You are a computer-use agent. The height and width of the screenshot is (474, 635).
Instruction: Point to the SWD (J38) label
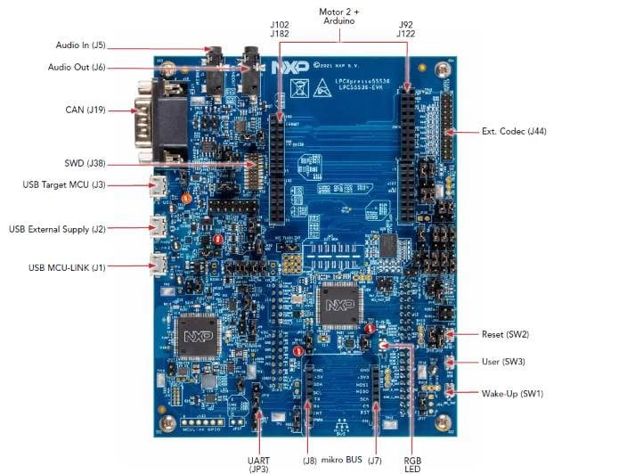coord(85,163)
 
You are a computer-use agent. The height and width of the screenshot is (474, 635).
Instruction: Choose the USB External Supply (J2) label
coord(57,229)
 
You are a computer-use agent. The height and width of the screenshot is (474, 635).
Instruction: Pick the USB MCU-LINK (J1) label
coord(67,266)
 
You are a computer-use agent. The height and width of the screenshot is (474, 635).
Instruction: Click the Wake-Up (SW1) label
coord(512,393)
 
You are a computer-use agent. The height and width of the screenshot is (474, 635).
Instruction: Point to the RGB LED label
coord(413,452)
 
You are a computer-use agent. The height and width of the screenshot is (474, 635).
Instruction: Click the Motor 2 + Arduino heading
coord(344,17)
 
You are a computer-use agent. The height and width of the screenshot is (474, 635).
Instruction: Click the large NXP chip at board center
coord(338,306)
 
